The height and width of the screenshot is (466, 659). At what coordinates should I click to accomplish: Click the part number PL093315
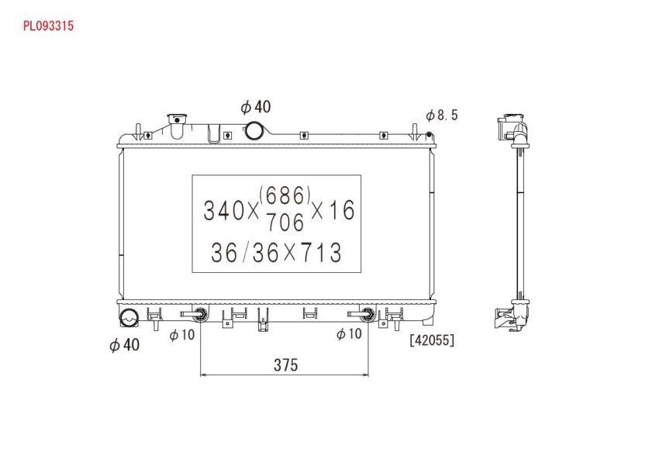[x=48, y=26]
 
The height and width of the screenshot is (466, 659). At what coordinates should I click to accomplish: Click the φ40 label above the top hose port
[x=256, y=107]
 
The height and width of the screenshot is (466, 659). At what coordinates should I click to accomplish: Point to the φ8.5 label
[x=442, y=115]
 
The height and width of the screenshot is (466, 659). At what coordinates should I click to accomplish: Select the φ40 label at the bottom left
[x=124, y=345]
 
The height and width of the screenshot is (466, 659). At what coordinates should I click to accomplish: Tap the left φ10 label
[x=182, y=335]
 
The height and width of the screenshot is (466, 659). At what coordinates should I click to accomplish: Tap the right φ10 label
[x=349, y=334]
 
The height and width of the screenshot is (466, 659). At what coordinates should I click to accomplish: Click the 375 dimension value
[x=286, y=365]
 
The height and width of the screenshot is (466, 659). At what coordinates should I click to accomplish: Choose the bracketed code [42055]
[x=432, y=340]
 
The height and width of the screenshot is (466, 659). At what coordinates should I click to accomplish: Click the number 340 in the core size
[x=224, y=211]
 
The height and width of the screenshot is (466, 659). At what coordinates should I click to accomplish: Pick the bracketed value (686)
[x=285, y=195]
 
